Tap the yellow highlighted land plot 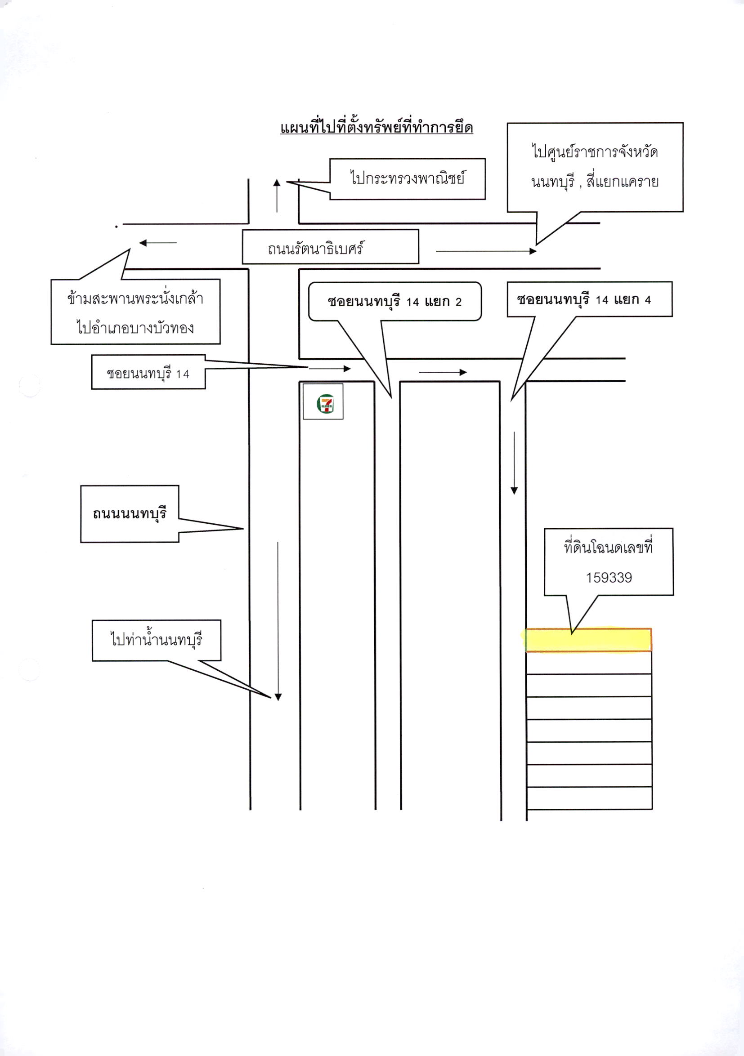[x=588, y=640]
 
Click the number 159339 [x=609, y=578]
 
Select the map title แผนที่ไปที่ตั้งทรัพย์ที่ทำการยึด [x=376, y=127]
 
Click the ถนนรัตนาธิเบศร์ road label [x=316, y=248]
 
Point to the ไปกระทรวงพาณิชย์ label [x=407, y=178]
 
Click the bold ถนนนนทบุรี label [x=129, y=514]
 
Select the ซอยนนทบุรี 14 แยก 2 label [x=394, y=302]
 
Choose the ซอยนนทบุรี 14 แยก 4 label [x=584, y=300]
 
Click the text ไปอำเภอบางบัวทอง [x=135, y=328]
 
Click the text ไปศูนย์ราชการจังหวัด [x=595, y=152]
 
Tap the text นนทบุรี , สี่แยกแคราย [x=595, y=182]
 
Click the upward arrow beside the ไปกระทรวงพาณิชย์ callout [x=277, y=196]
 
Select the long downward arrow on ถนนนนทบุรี [x=278, y=621]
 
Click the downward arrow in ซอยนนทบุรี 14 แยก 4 [x=515, y=463]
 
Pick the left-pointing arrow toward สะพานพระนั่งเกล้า [x=158, y=243]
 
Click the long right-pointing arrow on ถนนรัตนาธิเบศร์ [x=486, y=251]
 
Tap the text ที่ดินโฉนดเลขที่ [x=608, y=547]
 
